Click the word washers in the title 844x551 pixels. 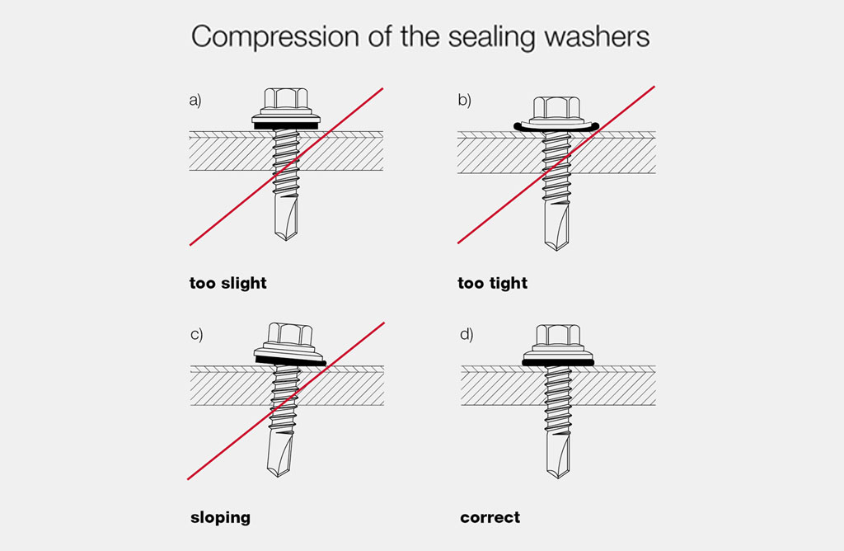tap(597, 36)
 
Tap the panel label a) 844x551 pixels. tap(195, 100)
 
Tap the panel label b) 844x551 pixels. tap(465, 100)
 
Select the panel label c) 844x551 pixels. tap(196, 335)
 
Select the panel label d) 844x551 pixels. tap(467, 335)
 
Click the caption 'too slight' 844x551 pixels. tap(228, 283)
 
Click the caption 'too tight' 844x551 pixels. tap(493, 283)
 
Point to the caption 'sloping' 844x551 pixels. tap(220, 518)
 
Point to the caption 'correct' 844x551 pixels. tap(490, 518)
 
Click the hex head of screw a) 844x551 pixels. tap(286, 100)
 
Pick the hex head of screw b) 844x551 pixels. tap(556, 108)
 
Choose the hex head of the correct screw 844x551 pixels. tap(558, 335)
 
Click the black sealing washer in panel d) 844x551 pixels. tap(558, 363)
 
